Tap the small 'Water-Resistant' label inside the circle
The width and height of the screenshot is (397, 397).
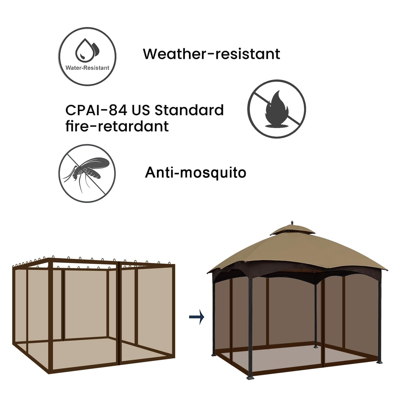pyautogui.click(x=87, y=68)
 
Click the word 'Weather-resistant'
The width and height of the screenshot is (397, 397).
pyautogui.click(x=211, y=54)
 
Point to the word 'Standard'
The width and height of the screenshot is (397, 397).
pyautogui.click(x=189, y=110)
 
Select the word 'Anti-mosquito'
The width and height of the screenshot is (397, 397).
pyautogui.click(x=196, y=173)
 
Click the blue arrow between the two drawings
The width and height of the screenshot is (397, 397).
pyautogui.click(x=197, y=317)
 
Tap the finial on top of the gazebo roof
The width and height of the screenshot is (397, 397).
pyautogui.click(x=292, y=222)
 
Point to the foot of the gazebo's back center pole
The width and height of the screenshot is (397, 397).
pyautogui.click(x=315, y=346)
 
